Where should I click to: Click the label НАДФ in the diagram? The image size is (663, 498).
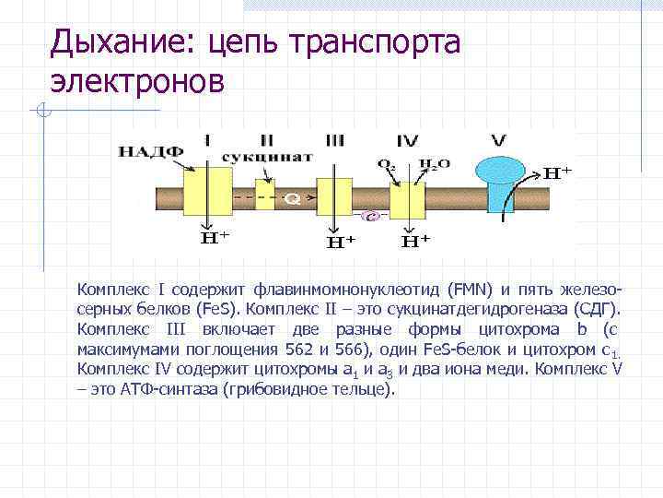150,152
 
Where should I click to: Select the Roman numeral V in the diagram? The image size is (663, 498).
499,141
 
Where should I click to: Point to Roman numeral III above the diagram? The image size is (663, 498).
334,140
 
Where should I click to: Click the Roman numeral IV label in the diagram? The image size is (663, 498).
408,141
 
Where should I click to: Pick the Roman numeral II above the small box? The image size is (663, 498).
267,140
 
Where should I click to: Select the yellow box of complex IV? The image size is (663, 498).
406,197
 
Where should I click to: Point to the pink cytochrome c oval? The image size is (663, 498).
371,217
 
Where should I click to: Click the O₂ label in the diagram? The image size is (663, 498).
386,164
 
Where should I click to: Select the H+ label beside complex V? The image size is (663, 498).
555,172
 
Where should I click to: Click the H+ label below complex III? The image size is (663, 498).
342,243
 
